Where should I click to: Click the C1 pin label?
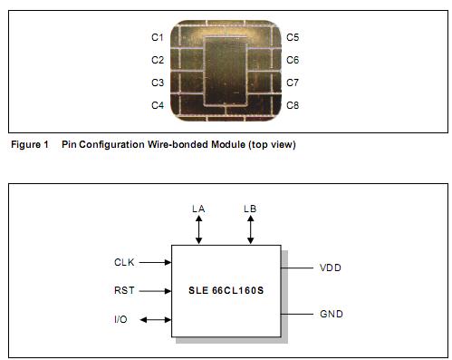click(x=157, y=38)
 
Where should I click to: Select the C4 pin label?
click(x=157, y=106)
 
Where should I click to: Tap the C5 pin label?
click(x=293, y=38)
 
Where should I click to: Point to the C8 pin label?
click(x=293, y=106)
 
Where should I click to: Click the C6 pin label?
click(x=293, y=61)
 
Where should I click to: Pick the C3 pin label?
click(x=157, y=83)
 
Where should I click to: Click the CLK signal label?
click(x=124, y=263)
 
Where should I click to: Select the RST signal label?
click(x=124, y=291)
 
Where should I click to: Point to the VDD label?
click(x=331, y=268)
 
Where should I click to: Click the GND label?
click(x=331, y=314)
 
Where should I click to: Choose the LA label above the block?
click(x=199, y=209)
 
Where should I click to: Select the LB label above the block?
click(x=250, y=209)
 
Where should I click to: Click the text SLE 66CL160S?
click(x=226, y=291)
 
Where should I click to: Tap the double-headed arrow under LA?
click(x=199, y=230)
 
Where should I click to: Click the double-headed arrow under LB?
click(x=250, y=230)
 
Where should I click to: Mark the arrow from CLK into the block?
click(x=156, y=263)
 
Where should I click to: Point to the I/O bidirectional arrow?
click(x=156, y=319)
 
